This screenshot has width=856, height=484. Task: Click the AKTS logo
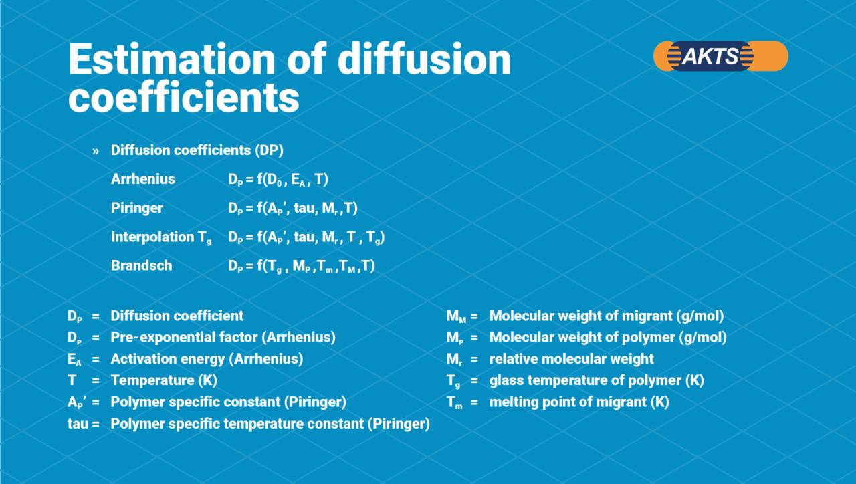(720, 56)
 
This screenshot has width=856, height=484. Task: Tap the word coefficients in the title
(183, 98)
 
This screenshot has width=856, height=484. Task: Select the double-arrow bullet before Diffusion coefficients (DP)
(96, 151)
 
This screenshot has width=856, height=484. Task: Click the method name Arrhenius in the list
(142, 179)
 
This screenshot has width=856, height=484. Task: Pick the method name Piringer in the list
(136, 208)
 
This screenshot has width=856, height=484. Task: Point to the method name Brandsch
(141, 266)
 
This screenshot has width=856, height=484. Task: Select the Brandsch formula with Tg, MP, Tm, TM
(302, 267)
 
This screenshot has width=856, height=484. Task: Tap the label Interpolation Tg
(160, 237)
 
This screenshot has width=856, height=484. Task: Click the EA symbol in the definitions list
(74, 360)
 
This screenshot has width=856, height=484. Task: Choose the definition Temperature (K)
(164, 381)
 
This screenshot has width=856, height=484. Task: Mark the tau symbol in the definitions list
(78, 424)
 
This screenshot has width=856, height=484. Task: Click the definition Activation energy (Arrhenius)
(207, 360)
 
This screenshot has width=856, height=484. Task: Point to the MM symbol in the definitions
(457, 316)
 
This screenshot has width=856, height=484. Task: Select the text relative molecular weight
(572, 360)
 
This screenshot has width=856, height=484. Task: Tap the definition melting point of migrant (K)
(579, 402)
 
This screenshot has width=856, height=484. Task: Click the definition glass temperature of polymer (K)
(597, 381)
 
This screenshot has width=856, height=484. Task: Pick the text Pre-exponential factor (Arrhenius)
(223, 338)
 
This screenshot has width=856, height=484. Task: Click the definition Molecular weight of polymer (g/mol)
(608, 338)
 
